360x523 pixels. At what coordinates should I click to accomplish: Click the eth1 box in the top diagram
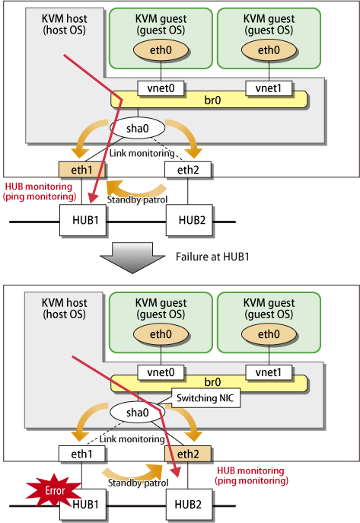coord(81,170)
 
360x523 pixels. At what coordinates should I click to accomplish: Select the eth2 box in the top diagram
coord(188,170)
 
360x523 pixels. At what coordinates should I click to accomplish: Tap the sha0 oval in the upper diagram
coord(137,128)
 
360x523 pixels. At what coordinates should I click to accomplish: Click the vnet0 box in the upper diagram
coord(161,88)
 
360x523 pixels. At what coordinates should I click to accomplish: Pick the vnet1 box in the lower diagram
coord(269,372)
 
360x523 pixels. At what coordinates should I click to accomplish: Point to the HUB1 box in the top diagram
coord(83,220)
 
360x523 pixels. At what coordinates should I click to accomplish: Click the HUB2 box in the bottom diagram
coord(190,504)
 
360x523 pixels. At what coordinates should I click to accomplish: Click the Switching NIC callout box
coord(205,398)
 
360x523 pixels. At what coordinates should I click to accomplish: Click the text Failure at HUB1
coord(212,257)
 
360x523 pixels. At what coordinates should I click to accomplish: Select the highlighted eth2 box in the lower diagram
coord(188,454)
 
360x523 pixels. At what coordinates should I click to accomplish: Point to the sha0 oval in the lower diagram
coord(137,413)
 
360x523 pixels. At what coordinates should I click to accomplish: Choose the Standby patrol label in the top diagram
coord(137,199)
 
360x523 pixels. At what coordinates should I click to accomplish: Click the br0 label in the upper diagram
coord(212,100)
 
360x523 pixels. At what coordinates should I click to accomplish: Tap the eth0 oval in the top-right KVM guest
coord(269,50)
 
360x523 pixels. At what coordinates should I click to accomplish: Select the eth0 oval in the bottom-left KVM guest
coord(161,334)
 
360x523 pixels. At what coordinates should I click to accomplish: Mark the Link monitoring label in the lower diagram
coord(132,439)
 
